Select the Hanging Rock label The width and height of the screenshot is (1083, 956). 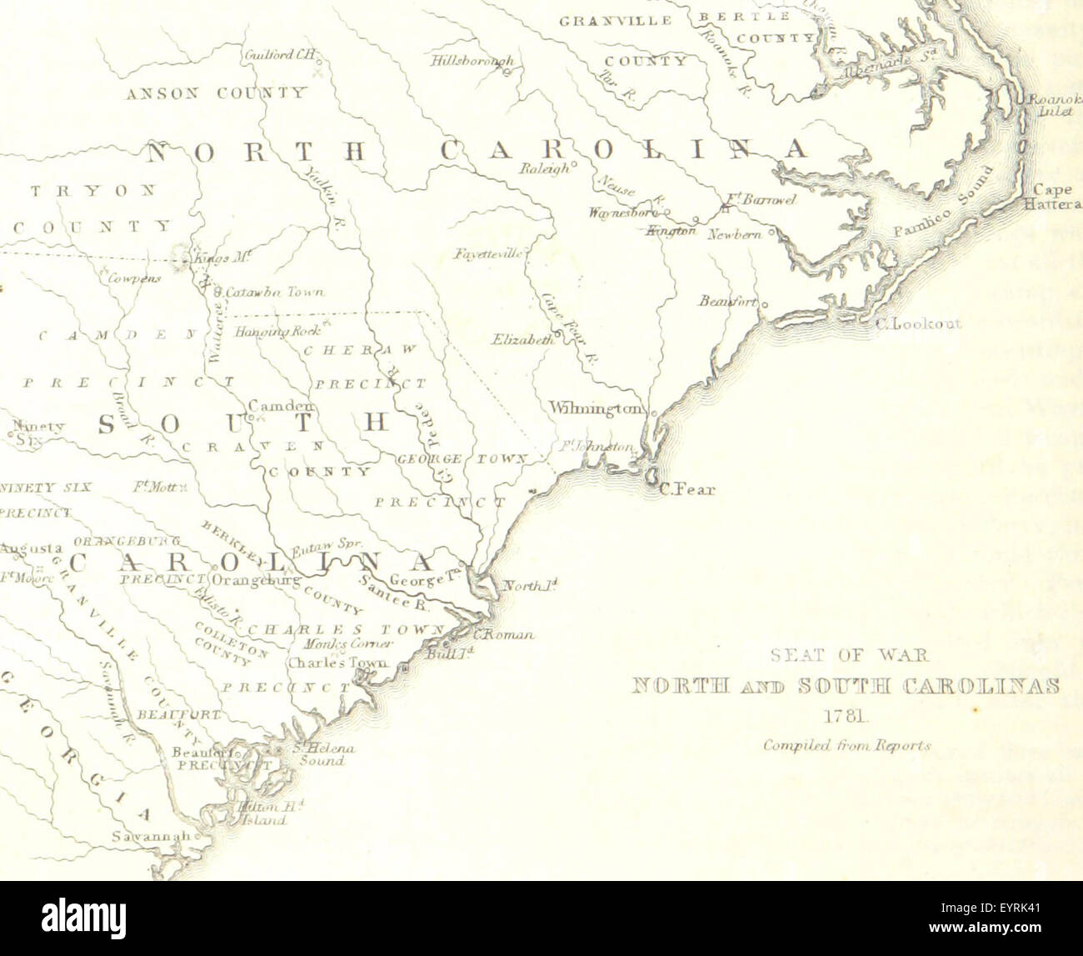click(271, 331)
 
